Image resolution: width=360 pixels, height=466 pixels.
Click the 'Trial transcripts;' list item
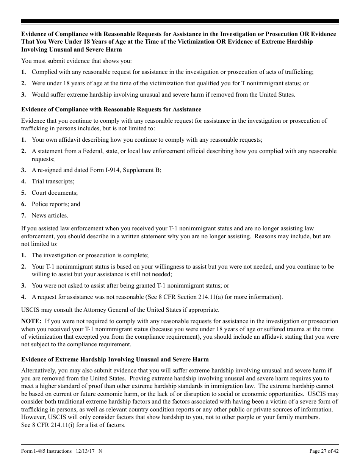(x=53, y=181)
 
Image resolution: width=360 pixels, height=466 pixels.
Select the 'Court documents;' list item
(x=55, y=193)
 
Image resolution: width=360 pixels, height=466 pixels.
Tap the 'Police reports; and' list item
(x=56, y=204)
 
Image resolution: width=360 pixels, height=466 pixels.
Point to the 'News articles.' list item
(x=50, y=216)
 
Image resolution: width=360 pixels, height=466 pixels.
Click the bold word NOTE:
(x=31, y=321)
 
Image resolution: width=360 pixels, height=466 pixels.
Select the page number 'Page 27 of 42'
(x=324, y=451)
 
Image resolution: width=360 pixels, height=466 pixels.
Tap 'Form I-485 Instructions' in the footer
(x=46, y=451)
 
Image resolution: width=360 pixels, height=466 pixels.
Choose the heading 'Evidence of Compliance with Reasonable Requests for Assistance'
(x=111, y=109)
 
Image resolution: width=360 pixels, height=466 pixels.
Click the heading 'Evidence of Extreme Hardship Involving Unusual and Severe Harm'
(x=115, y=359)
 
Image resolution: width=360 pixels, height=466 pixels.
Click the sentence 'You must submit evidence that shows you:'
(x=77, y=61)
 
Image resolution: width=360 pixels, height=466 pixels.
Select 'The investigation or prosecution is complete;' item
(x=90, y=255)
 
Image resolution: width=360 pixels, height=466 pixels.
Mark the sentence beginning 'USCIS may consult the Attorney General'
(x=120, y=310)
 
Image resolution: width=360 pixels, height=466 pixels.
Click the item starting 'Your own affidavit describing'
(x=147, y=140)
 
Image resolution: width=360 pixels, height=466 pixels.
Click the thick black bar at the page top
(x=180, y=22)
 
